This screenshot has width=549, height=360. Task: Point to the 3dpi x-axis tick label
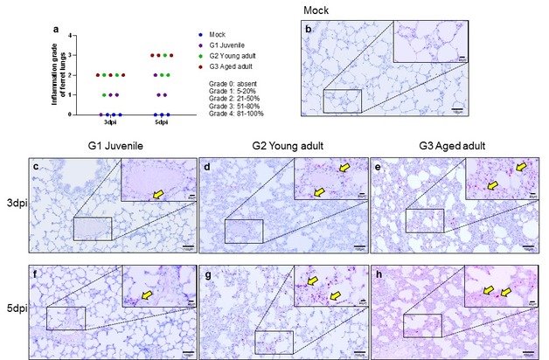(111, 122)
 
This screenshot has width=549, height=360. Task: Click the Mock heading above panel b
(317, 10)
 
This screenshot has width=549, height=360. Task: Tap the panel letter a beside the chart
(57, 30)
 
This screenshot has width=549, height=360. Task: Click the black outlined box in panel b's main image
(342, 100)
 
